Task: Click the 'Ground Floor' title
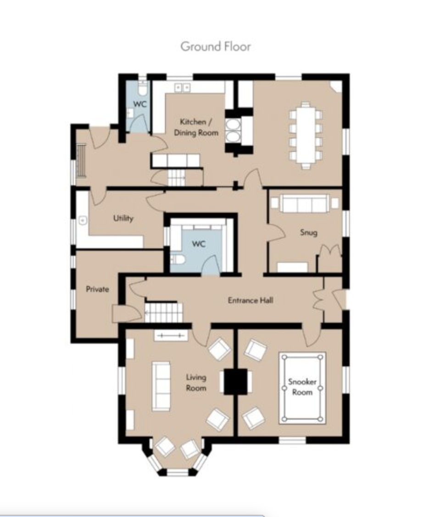tap(216, 46)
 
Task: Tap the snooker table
tap(302, 388)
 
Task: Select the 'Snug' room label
tap(309, 232)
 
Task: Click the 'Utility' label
tap(123, 218)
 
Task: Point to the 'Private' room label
tap(97, 289)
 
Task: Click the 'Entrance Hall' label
tap(251, 300)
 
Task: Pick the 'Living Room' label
tap(196, 382)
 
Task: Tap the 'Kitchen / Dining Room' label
tap(196, 127)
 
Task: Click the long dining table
tap(306, 135)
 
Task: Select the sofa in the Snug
tap(305, 203)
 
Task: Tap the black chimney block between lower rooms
tap(236, 382)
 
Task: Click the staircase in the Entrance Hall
tap(163, 312)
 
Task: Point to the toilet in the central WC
tap(178, 259)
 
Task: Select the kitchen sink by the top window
tap(183, 88)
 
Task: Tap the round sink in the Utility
tap(83, 220)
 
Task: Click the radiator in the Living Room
tap(171, 336)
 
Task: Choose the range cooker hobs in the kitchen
tap(233, 131)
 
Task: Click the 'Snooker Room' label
tap(302, 387)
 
